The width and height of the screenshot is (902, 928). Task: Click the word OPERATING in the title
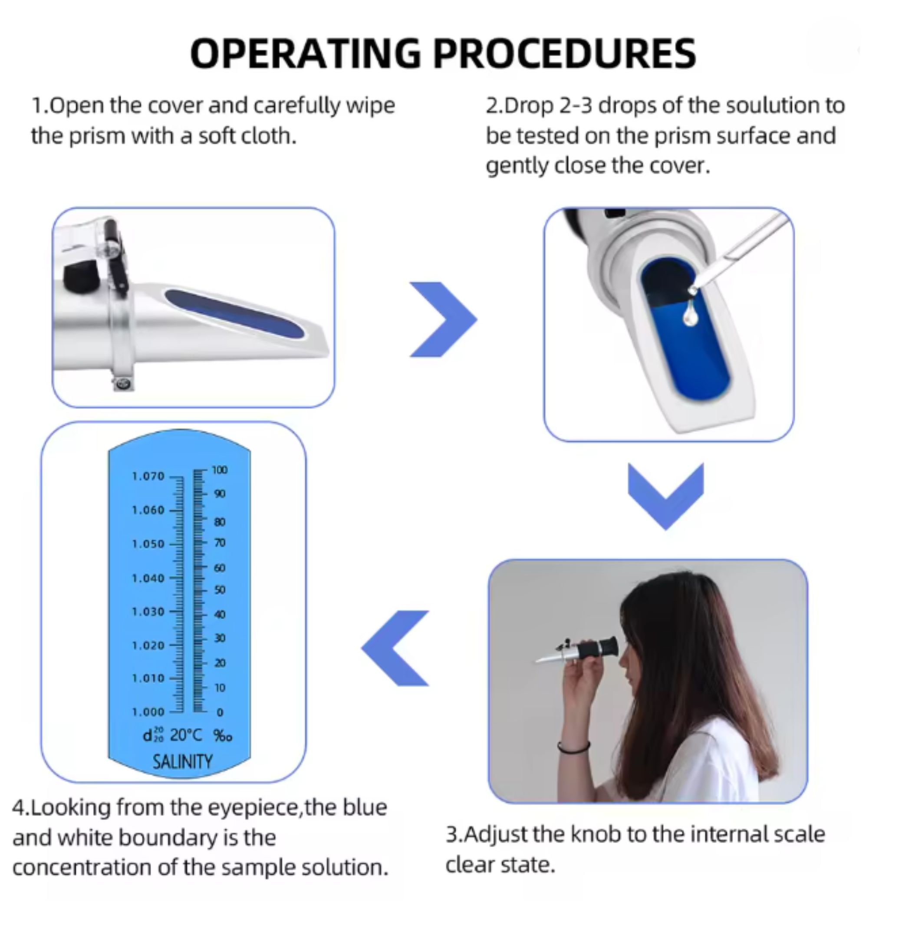pyautogui.click(x=305, y=53)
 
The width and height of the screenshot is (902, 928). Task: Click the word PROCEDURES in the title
pyautogui.click(x=565, y=53)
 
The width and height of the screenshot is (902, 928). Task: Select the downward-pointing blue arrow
pyautogui.click(x=665, y=497)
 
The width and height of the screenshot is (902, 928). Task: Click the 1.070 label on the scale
pyautogui.click(x=148, y=476)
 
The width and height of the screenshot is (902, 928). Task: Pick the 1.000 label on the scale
pyautogui.click(x=148, y=712)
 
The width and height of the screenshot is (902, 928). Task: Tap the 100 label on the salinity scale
pyautogui.click(x=220, y=470)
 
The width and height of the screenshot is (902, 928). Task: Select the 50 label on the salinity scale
pyautogui.click(x=219, y=590)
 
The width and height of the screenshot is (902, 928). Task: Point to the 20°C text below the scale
pyautogui.click(x=186, y=735)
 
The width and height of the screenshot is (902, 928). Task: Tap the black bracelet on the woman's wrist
pyautogui.click(x=573, y=747)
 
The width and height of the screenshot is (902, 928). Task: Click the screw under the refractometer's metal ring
pyautogui.click(x=123, y=384)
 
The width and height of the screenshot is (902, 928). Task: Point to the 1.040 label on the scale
pyautogui.click(x=148, y=578)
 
